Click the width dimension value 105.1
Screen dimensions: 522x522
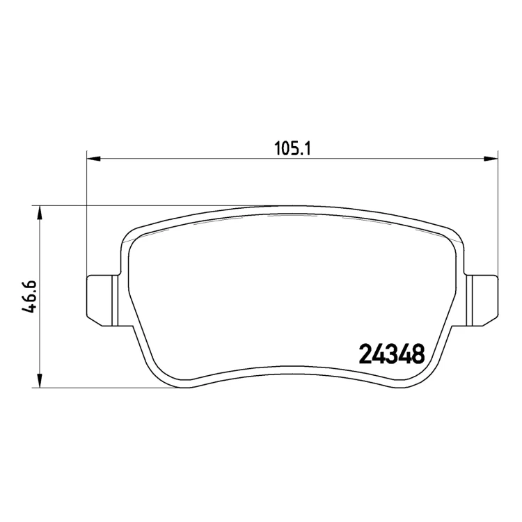tap(292, 148)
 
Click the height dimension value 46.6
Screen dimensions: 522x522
tap(29, 297)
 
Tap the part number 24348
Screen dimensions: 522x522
tap(392, 354)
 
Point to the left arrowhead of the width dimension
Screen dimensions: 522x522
tap(93, 159)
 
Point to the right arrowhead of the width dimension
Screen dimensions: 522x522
tap(491, 159)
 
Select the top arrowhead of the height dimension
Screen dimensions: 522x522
tap(40, 212)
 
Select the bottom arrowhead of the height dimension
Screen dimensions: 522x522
tap(40, 381)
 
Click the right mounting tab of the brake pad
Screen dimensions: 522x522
tap(483, 300)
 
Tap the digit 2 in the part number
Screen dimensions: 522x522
tap(365, 354)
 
